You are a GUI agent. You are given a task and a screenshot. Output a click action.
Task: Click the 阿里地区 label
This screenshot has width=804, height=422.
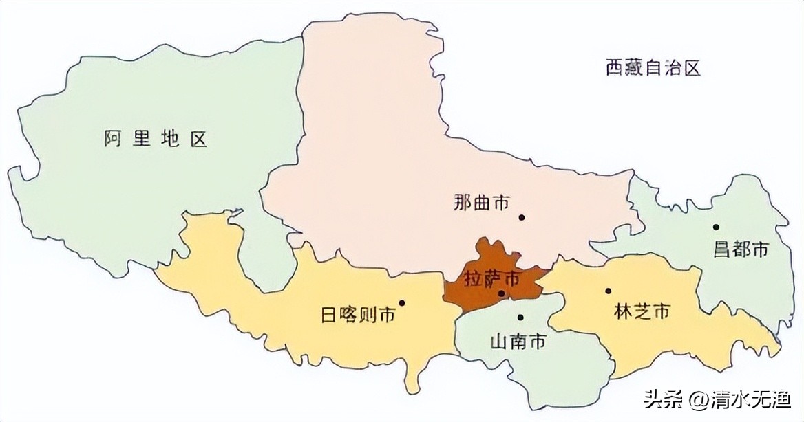coord(156,139)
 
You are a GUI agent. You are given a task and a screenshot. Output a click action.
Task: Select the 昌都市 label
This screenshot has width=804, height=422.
coord(741,249)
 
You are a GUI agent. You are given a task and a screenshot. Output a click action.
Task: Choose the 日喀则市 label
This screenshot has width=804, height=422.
coord(358,315)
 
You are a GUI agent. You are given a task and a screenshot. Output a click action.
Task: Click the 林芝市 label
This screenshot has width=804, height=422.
coord(642,311)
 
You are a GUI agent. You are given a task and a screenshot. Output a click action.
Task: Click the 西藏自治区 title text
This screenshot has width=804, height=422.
coord(653,67)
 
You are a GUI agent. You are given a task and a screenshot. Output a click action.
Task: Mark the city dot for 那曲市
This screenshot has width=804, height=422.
coord(522,217)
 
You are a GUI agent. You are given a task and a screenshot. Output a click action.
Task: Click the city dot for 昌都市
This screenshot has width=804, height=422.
coord(716,227)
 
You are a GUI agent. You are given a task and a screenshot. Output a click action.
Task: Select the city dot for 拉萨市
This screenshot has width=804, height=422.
coord(502,294)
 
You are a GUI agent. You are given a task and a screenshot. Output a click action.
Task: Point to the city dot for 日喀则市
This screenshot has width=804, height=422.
coord(402,302)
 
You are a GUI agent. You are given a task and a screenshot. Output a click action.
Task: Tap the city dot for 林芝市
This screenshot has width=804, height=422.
coord(608,291)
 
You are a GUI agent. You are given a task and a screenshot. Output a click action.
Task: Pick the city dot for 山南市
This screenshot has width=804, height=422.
coord(520,318)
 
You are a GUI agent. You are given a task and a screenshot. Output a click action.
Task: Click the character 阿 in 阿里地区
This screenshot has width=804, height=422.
coord(114,139)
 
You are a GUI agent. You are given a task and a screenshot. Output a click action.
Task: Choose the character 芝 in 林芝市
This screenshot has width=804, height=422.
coord(642,311)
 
